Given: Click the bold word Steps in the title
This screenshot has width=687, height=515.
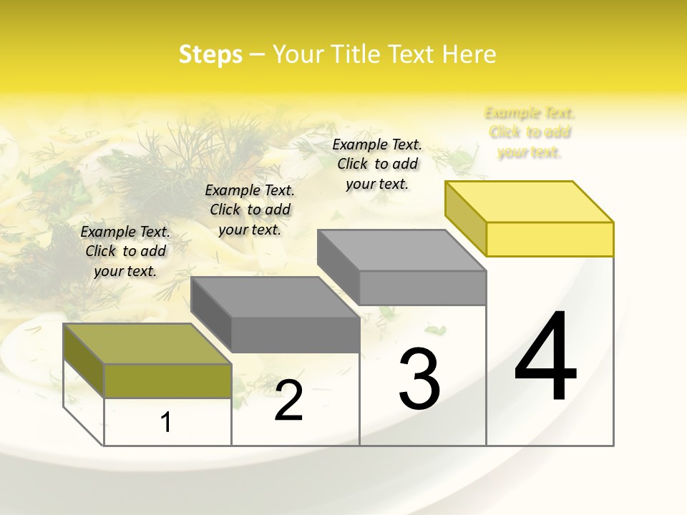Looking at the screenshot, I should coord(210,54).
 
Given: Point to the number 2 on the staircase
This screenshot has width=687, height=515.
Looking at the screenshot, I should coord(288,401).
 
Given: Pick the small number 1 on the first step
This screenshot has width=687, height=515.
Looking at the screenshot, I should coord(165,423).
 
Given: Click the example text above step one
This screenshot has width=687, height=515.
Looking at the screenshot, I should coord(125,251).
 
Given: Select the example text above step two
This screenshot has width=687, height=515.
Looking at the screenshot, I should coord(250,210).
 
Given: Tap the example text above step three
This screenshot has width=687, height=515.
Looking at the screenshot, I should coord(377,164).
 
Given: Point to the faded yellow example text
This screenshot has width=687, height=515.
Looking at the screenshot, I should coord(530,132).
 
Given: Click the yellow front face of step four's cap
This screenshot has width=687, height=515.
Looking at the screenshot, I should coord(550,239).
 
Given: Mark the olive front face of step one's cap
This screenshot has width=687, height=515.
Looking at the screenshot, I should coord(167,381).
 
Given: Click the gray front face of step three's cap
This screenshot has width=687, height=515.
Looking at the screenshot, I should coord(422,288).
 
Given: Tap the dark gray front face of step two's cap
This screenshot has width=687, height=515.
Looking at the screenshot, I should coord(295,335).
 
